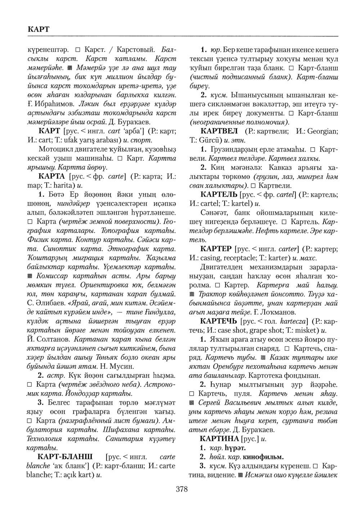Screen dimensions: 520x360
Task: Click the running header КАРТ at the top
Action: point(38,29)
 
